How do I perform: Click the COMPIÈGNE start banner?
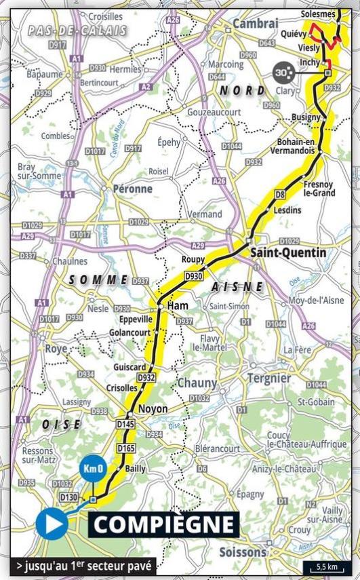pos(163,524)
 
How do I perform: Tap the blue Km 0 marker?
pos(94,469)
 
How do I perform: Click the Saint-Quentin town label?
pos(288,252)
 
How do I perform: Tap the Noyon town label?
pos(153,410)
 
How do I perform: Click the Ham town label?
pos(177,307)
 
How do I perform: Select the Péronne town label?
pos(132,189)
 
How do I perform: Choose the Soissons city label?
pos(242,552)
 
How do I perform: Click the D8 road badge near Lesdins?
pos(279,195)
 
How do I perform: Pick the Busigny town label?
pos(305,117)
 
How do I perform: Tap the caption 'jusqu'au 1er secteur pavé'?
pos(83,565)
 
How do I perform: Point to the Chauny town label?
pos(197,383)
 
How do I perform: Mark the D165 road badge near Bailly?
pos(125,448)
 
